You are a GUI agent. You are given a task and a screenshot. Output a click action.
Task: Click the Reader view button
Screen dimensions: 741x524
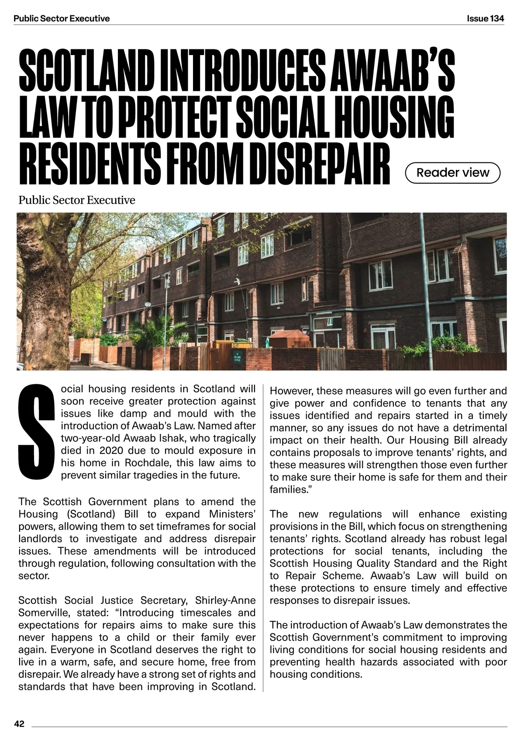[453, 173]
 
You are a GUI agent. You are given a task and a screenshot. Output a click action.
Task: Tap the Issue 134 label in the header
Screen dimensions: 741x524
[485, 18]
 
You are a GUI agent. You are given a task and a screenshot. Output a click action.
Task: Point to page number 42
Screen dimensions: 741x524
[19, 724]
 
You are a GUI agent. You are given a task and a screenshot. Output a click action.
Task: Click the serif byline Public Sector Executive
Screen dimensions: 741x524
[77, 201]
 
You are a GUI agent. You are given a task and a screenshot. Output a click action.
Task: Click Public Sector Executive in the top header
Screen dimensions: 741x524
[62, 18]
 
